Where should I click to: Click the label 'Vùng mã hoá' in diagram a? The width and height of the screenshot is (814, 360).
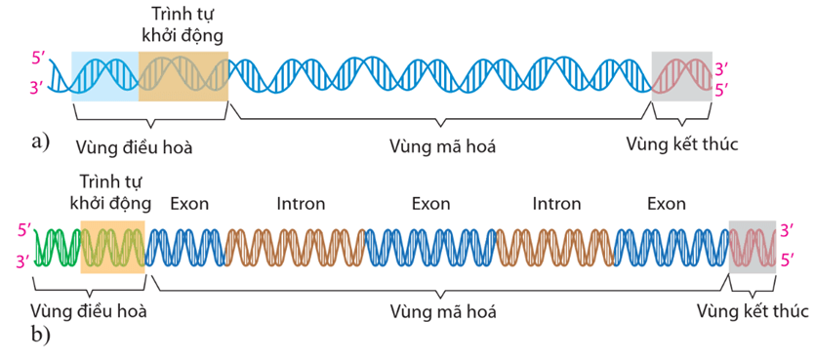(442, 146)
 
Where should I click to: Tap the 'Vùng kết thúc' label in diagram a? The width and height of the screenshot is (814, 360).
(682, 144)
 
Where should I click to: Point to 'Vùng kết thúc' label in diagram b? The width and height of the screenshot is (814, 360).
(753, 311)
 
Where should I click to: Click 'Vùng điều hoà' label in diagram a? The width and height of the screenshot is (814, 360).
(134, 147)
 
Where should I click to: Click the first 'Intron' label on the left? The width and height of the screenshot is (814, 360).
(301, 204)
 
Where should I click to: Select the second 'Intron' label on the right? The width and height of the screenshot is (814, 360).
(556, 204)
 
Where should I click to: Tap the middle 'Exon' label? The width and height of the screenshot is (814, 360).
(430, 204)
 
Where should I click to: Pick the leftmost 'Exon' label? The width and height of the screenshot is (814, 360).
(189, 204)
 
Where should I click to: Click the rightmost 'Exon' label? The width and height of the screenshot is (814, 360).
(667, 204)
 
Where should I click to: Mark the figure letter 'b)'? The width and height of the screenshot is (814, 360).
(40, 336)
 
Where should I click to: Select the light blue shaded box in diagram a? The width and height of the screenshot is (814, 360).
(105, 75)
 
